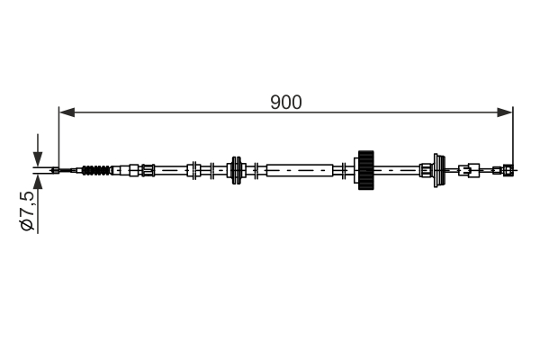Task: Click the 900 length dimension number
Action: pyautogui.click(x=285, y=102)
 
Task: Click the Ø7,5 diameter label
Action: pyautogui.click(x=28, y=212)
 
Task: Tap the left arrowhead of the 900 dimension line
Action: pyautogui.click(x=64, y=112)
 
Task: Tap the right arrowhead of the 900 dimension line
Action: pyautogui.click(x=507, y=112)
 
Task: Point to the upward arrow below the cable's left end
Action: pyautogui.click(x=38, y=185)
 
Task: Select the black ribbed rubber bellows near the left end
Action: pyautogui.click(x=98, y=169)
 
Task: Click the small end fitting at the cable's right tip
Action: pyautogui.click(x=508, y=169)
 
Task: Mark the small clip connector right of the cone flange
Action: pyautogui.click(x=469, y=169)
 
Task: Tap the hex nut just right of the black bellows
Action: pyautogui.click(x=134, y=169)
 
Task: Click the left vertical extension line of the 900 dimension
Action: pyautogui.click(x=58, y=135)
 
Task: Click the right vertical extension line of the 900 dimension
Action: pyautogui.click(x=512, y=135)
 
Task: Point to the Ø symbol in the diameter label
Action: pyautogui.click(x=28, y=226)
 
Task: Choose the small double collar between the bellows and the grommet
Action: pyautogui.click(x=193, y=169)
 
